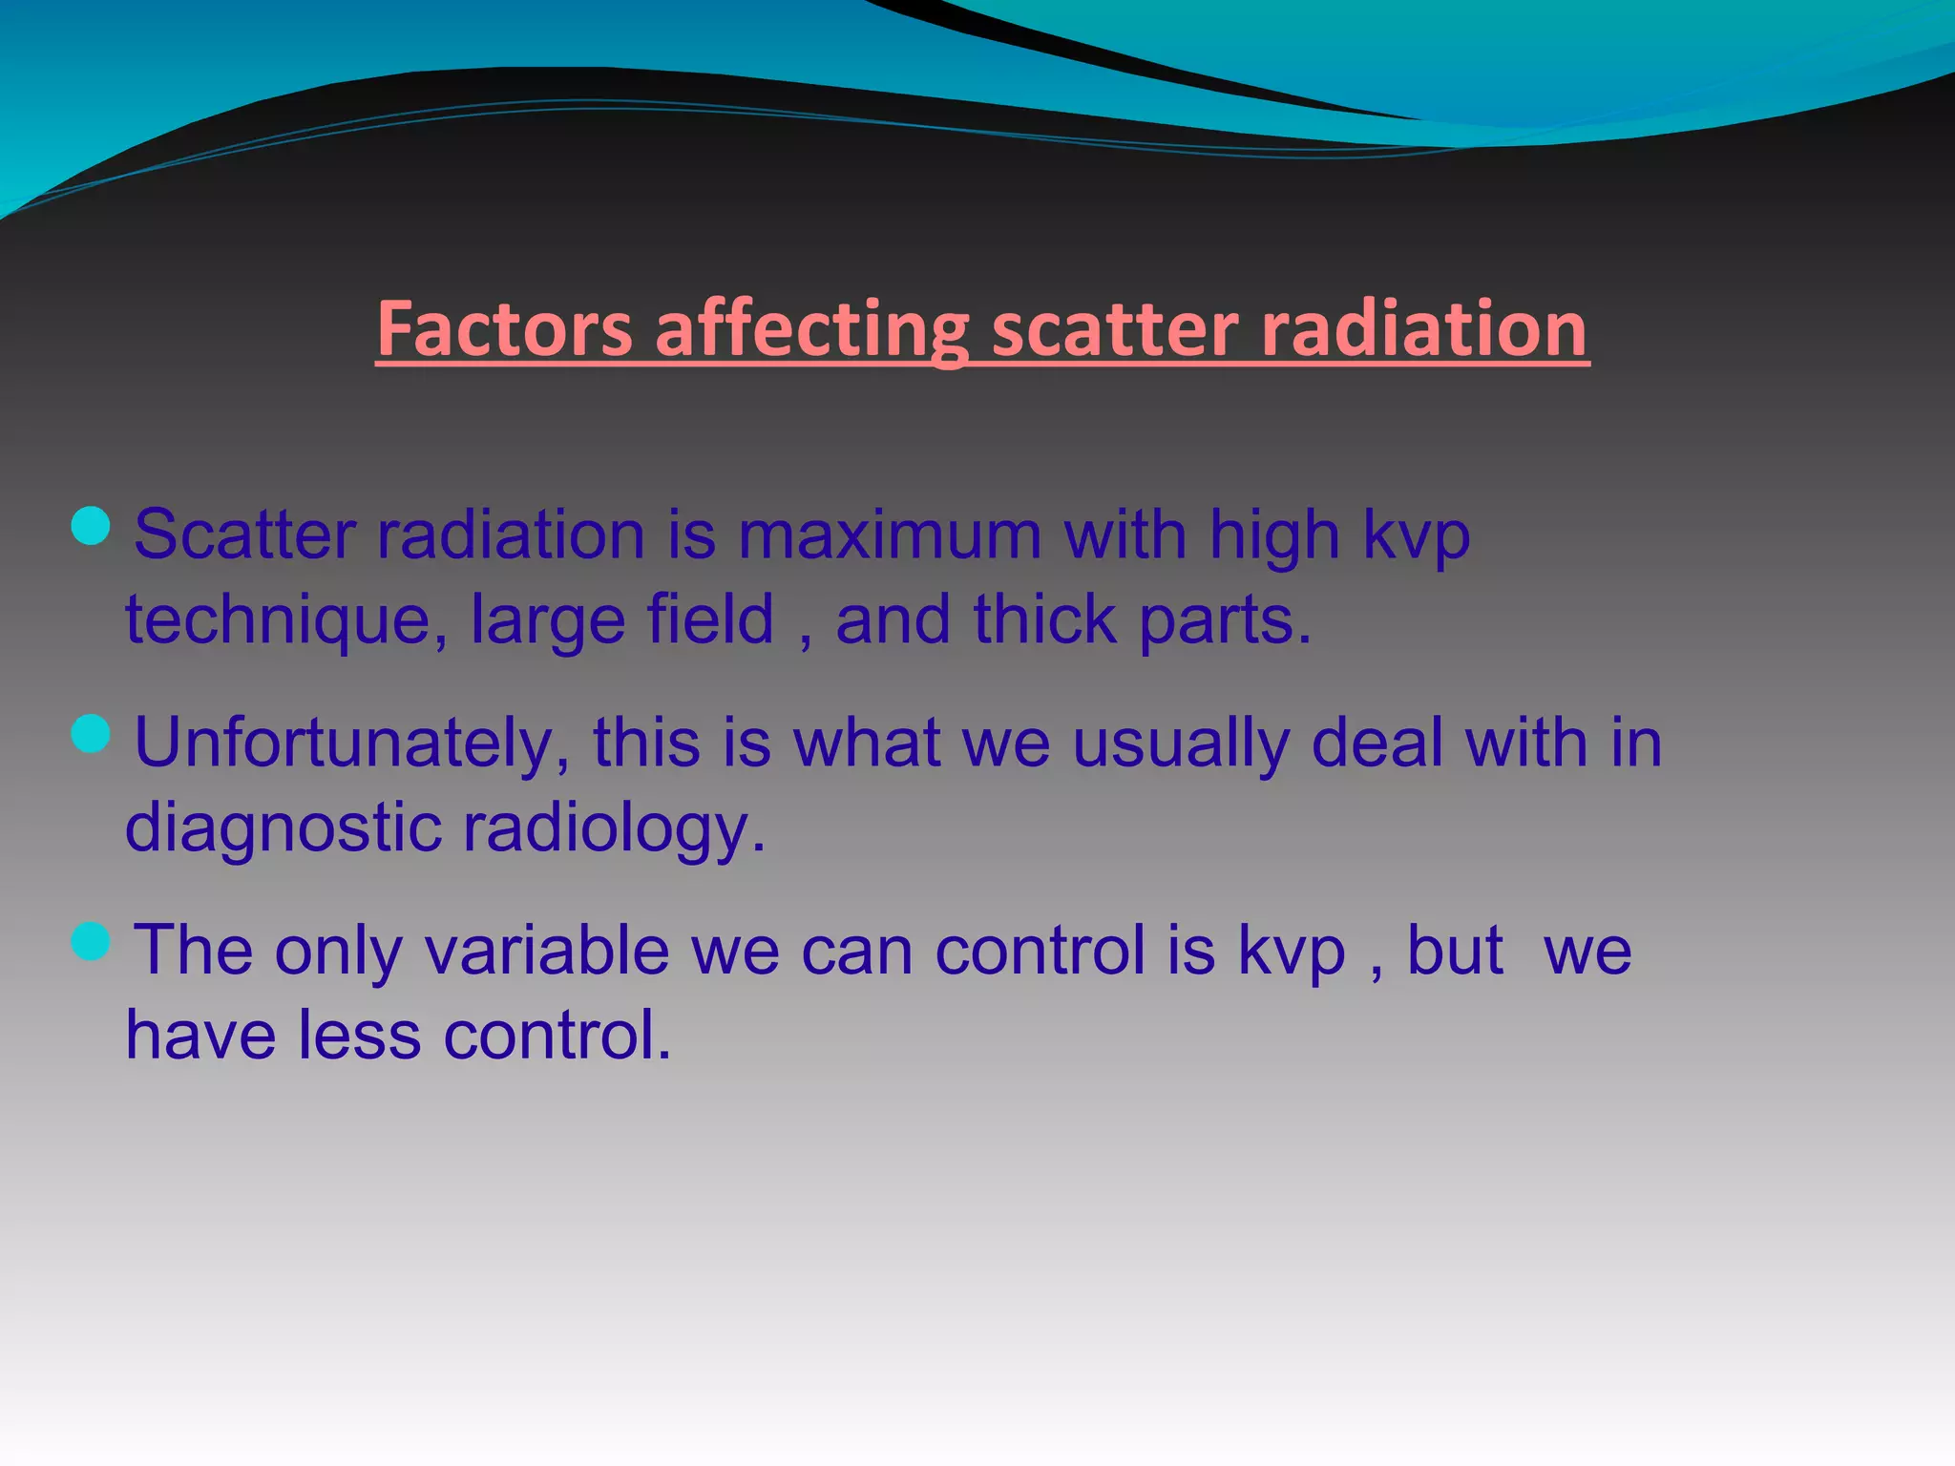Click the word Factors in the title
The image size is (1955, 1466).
[x=504, y=329]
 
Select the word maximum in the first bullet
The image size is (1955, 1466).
[x=890, y=534]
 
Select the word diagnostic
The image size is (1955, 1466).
[x=284, y=827]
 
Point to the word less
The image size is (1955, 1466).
[x=359, y=1035]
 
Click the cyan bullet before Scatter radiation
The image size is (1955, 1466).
[x=91, y=525]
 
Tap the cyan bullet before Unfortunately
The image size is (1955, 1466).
[x=91, y=733]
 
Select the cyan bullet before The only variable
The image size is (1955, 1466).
[x=91, y=941]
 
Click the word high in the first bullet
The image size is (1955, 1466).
[x=1273, y=534]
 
